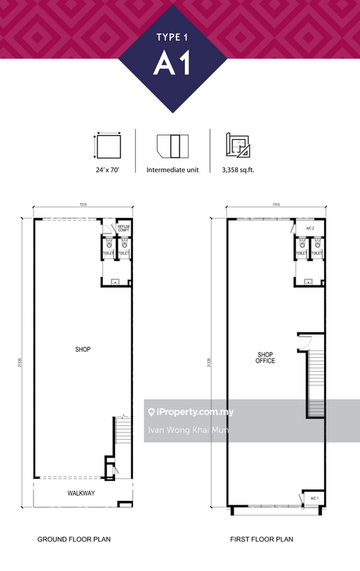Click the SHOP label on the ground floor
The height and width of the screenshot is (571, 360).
[x=83, y=349]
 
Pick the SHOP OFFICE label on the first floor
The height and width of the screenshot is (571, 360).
[x=266, y=357]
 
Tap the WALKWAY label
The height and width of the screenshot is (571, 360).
[x=81, y=493]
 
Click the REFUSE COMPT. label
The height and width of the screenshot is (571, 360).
[x=123, y=228]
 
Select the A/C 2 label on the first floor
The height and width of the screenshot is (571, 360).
[x=310, y=228]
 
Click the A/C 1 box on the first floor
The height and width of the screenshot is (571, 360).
[x=313, y=498]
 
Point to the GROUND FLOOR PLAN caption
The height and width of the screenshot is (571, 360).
[x=74, y=540]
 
